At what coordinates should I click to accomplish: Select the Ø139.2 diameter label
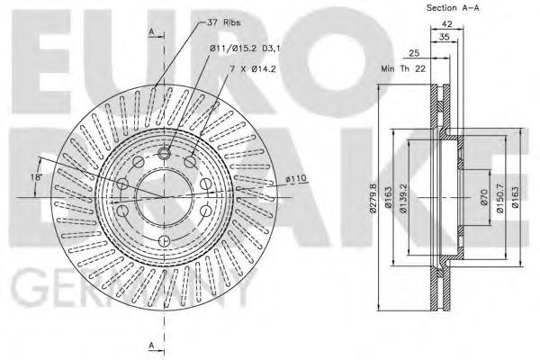coord(405,200)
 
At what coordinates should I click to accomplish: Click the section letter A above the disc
coord(151,32)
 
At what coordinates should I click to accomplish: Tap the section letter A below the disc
coord(151,345)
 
